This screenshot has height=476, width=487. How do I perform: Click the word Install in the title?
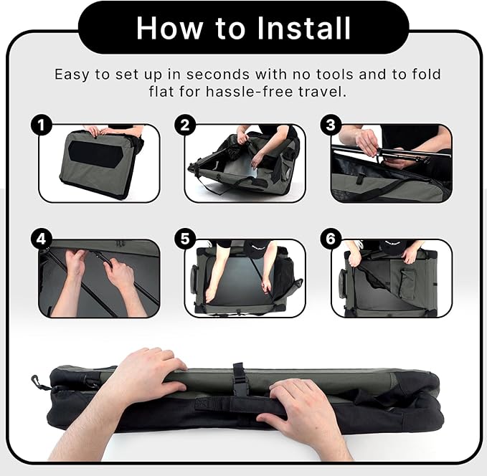(304, 28)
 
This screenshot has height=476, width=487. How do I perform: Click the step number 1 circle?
(41, 125)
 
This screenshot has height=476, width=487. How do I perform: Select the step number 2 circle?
(185, 125)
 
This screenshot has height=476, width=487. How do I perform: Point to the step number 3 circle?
(331, 125)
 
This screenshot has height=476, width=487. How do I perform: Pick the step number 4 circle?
(41, 239)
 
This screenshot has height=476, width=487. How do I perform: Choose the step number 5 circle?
(185, 239)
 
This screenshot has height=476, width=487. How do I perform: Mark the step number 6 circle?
(331, 239)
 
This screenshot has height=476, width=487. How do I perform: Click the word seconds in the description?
(218, 75)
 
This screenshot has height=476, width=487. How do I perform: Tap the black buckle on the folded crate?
(238, 379)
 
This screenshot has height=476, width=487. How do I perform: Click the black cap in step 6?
(392, 247)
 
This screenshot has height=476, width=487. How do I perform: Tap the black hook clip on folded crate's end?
(38, 382)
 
